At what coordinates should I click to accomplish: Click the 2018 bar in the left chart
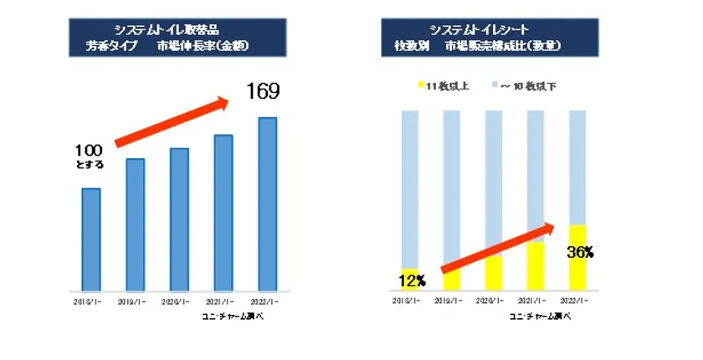[x=92, y=239]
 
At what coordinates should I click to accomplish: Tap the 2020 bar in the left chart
[x=179, y=219]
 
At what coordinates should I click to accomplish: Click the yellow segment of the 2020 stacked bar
[x=494, y=273]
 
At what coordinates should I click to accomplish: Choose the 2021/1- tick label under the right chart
[x=536, y=301]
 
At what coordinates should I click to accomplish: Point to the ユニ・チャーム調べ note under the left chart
[x=239, y=316]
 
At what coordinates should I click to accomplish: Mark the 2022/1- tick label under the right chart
[x=578, y=301]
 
